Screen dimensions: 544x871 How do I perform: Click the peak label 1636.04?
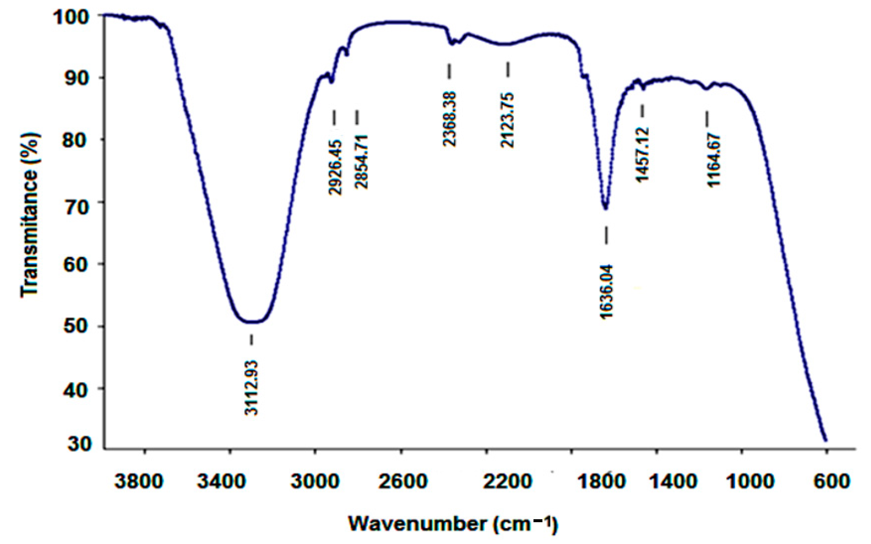pyautogui.click(x=606, y=292)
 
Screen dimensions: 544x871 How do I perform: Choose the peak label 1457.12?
pyautogui.click(x=642, y=155)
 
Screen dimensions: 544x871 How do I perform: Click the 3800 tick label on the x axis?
pyautogui.click(x=139, y=481)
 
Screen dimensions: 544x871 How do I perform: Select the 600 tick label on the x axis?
pyautogui.click(x=826, y=481)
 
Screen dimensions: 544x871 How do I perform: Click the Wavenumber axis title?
pyautogui.click(x=453, y=524)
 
